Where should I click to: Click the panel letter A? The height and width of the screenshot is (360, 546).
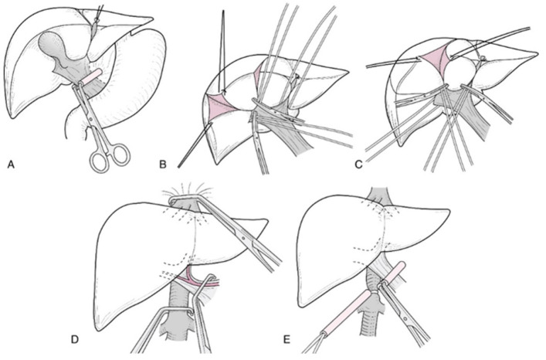10,164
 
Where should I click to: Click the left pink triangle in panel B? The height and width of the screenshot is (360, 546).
216,104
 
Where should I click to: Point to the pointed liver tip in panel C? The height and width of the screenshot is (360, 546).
538,53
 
